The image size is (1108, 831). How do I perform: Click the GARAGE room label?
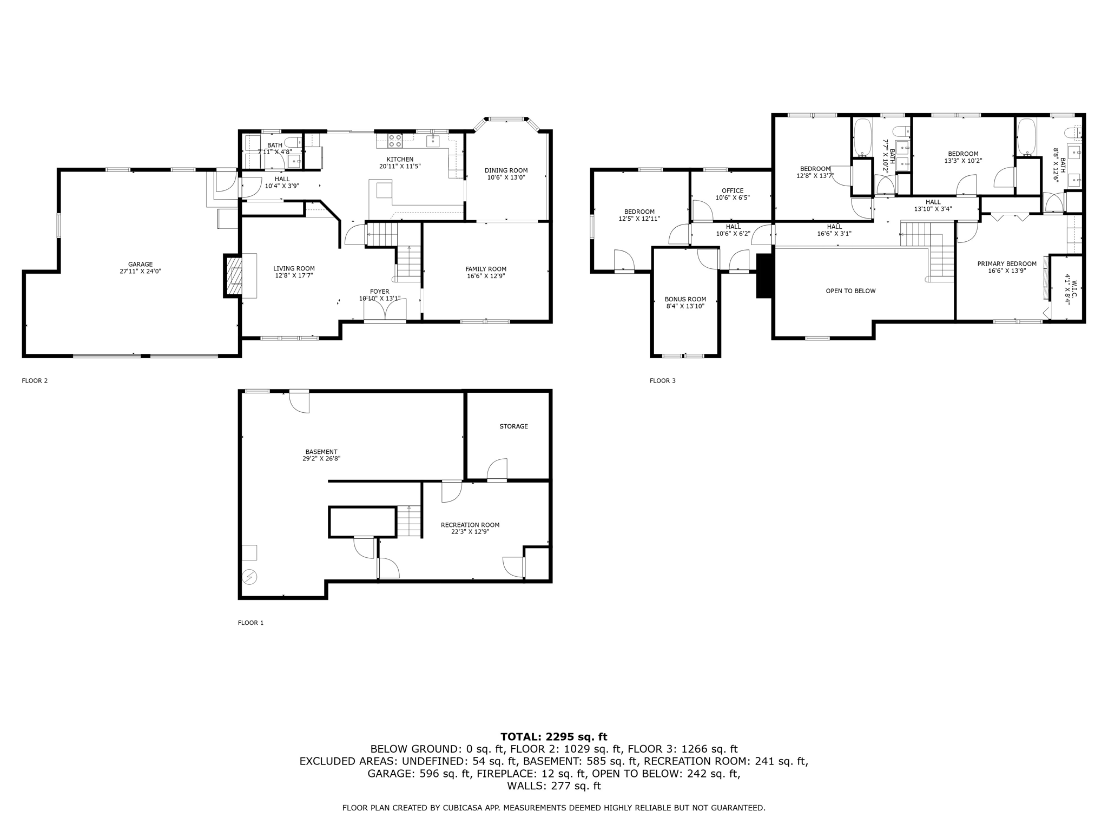coord(140,265)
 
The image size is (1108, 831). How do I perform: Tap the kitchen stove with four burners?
coord(395,141)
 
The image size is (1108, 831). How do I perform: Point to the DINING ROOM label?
coord(506,170)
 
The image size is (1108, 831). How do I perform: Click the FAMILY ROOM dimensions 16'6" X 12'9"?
coord(486,276)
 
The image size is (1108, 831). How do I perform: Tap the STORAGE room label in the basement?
coord(513,426)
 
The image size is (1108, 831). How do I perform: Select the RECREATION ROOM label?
coord(470,525)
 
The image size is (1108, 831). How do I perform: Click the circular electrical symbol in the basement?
coord(249,577)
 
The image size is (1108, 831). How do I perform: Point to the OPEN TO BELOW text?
coord(850,291)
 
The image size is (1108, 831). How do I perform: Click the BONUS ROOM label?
coord(685,299)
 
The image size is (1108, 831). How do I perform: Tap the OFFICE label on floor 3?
coord(733,190)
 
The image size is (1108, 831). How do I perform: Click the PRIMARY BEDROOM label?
coord(1006,264)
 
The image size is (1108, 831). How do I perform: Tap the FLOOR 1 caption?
coord(250,623)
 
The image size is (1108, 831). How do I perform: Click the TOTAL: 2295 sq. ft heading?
coord(553,736)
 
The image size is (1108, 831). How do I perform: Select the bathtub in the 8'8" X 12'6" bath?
coord(1026,137)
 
